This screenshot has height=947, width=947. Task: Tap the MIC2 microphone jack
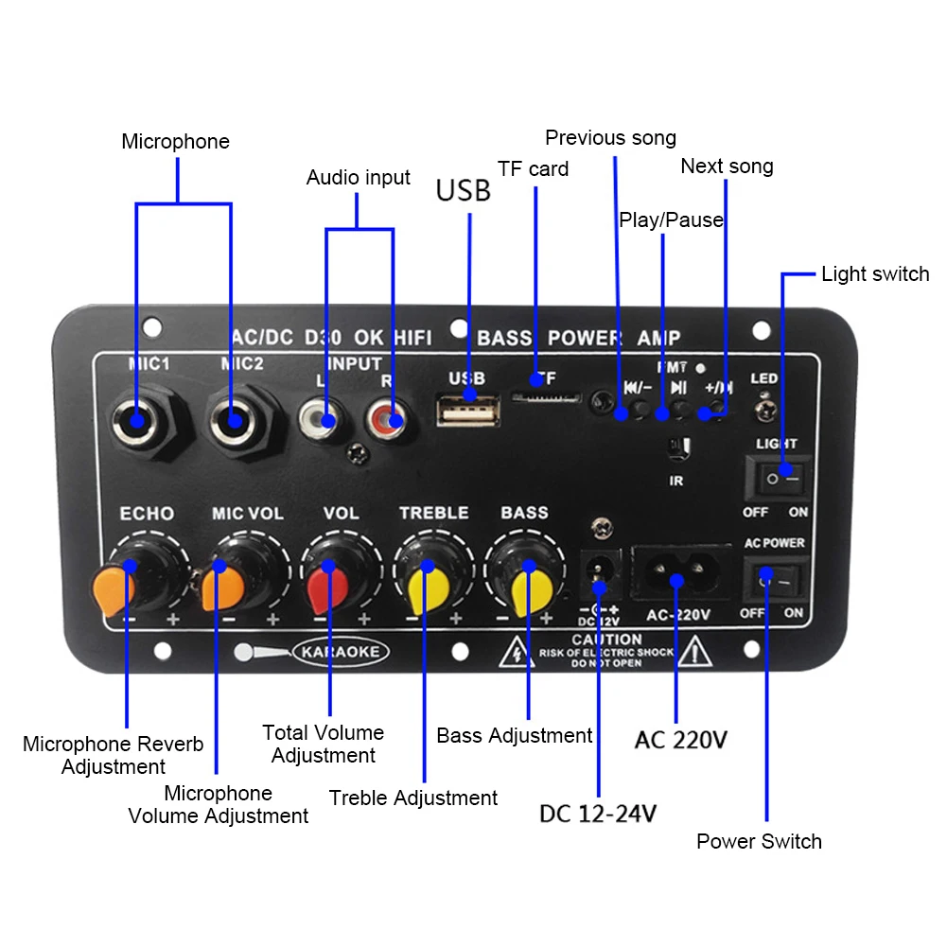(x=231, y=419)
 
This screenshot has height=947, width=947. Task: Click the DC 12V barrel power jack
(x=598, y=570)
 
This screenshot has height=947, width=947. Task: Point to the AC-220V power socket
(x=676, y=573)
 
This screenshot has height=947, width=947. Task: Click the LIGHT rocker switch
(x=777, y=478)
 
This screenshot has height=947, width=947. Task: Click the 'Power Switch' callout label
(x=759, y=841)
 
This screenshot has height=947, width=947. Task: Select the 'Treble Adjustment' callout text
(x=412, y=798)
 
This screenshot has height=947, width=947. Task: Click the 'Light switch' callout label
(x=874, y=274)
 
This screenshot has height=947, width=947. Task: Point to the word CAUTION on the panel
(x=606, y=640)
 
